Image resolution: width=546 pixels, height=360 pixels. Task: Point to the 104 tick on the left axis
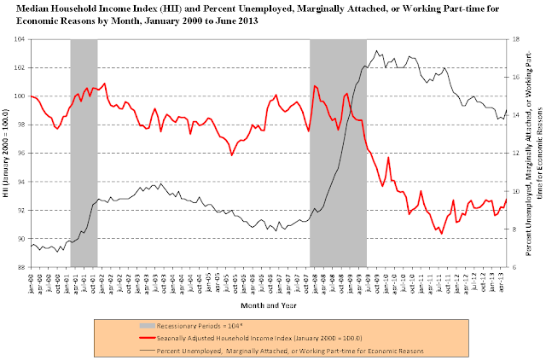[x=20, y=39]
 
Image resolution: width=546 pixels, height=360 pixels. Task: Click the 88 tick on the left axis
[x=20, y=267]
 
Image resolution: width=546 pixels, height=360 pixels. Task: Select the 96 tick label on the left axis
[x=20, y=154]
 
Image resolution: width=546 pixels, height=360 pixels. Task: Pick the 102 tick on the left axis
[x=20, y=67]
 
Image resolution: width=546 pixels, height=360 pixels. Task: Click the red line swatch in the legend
[x=155, y=336]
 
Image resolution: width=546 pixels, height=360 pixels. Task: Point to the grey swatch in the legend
[x=155, y=326]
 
